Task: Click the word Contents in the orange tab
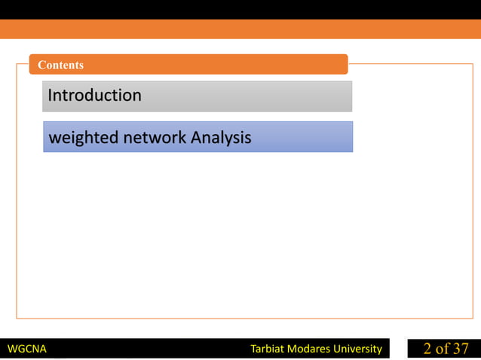point(60,65)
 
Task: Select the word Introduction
point(94,96)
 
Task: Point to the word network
point(155,138)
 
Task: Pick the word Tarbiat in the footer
point(268,349)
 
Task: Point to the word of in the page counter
point(443,349)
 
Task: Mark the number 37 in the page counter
point(461,349)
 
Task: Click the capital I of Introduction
point(50,96)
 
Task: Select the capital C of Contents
point(41,65)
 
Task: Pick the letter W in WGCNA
point(11,349)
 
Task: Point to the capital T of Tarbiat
point(253,349)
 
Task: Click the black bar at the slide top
point(240,9)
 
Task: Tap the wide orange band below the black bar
point(240,29)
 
